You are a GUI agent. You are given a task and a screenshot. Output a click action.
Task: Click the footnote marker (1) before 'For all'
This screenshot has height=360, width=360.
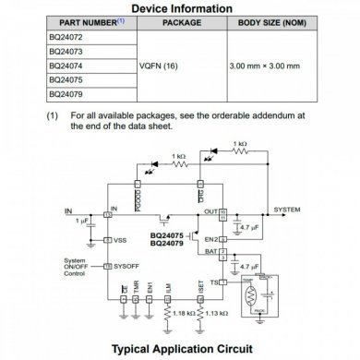click(53, 116)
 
